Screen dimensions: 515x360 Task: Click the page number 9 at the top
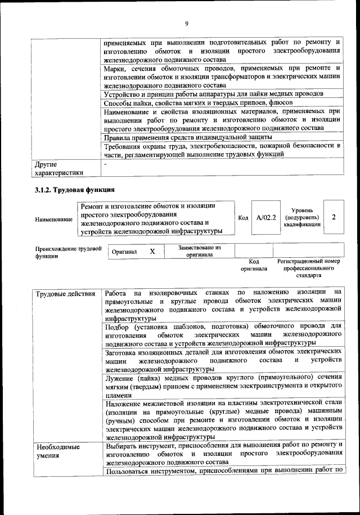[186, 23]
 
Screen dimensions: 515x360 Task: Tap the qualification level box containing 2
[334, 217]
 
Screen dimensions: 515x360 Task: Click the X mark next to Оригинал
[152, 252]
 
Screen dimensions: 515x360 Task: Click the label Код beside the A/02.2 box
[242, 218]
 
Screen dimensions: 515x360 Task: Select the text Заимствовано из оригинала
[199, 250]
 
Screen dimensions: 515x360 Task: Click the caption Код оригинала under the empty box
[254, 265]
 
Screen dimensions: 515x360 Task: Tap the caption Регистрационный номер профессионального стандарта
[309, 269]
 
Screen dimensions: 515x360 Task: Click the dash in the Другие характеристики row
[105, 163]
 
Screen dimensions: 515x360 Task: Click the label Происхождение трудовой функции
[68, 251]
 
